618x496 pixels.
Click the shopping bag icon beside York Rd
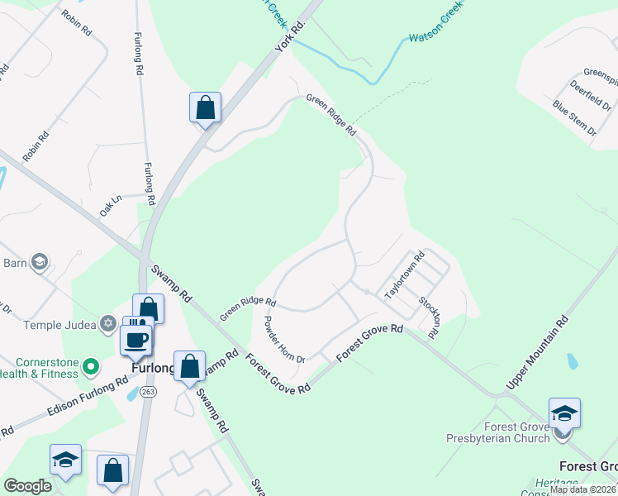[x=205, y=108]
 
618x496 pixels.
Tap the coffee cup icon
[x=136, y=338]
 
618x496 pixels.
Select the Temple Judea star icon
[x=107, y=324]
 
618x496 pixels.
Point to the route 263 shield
[x=148, y=391]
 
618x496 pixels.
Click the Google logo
[x=27, y=486]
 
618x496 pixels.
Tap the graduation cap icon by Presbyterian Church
[x=564, y=413]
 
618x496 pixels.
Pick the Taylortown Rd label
[x=404, y=275]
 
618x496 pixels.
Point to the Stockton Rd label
[x=429, y=316]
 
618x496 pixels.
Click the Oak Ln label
[x=111, y=206]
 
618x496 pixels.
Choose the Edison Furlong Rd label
[x=87, y=396]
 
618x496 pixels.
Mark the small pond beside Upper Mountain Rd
[x=573, y=361]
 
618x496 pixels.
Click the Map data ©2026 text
[x=582, y=489]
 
